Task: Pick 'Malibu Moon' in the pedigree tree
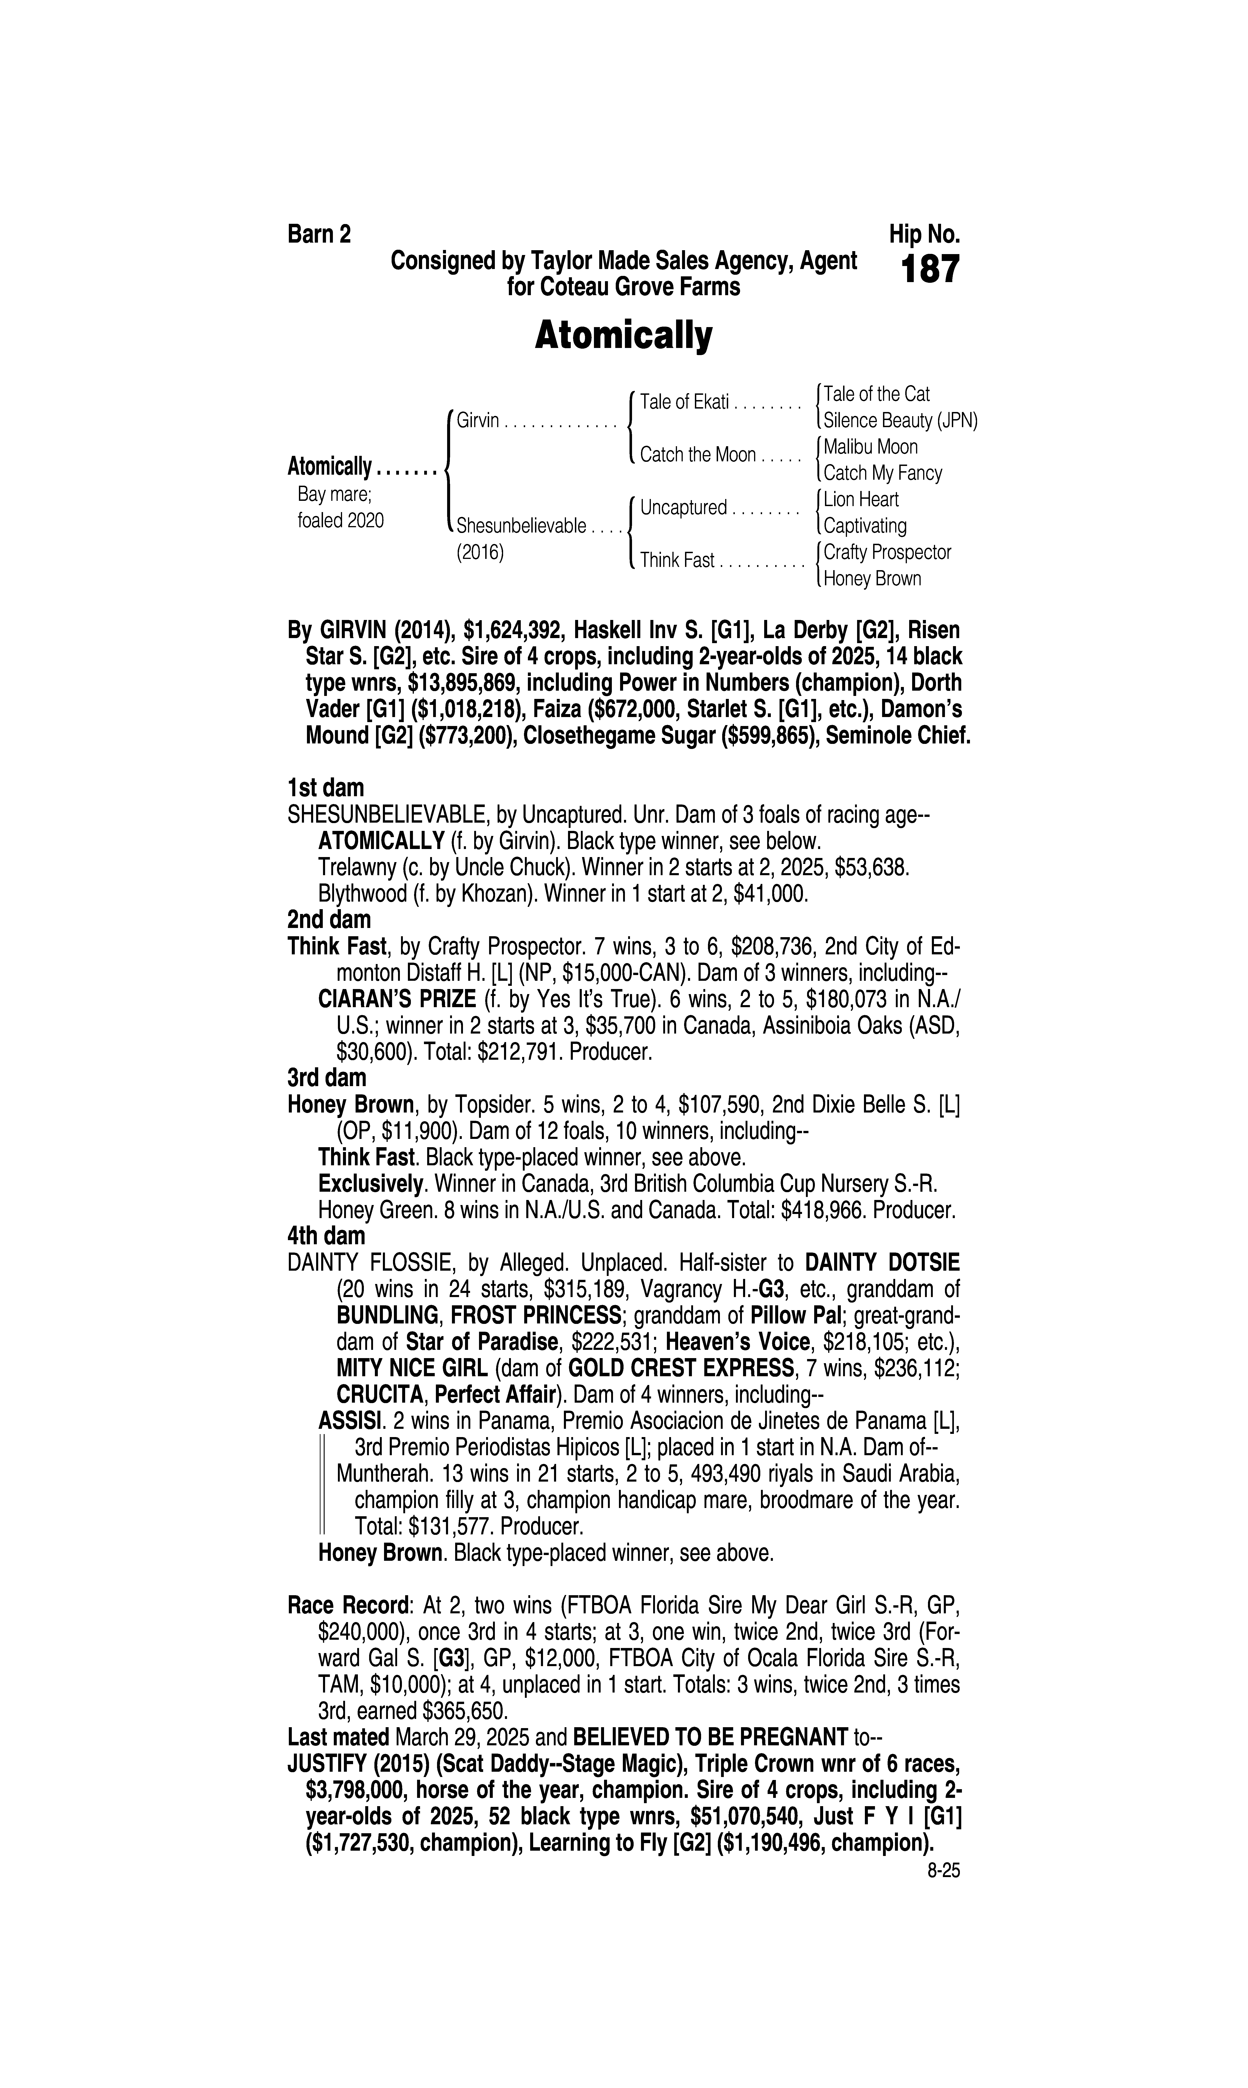tap(870, 447)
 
